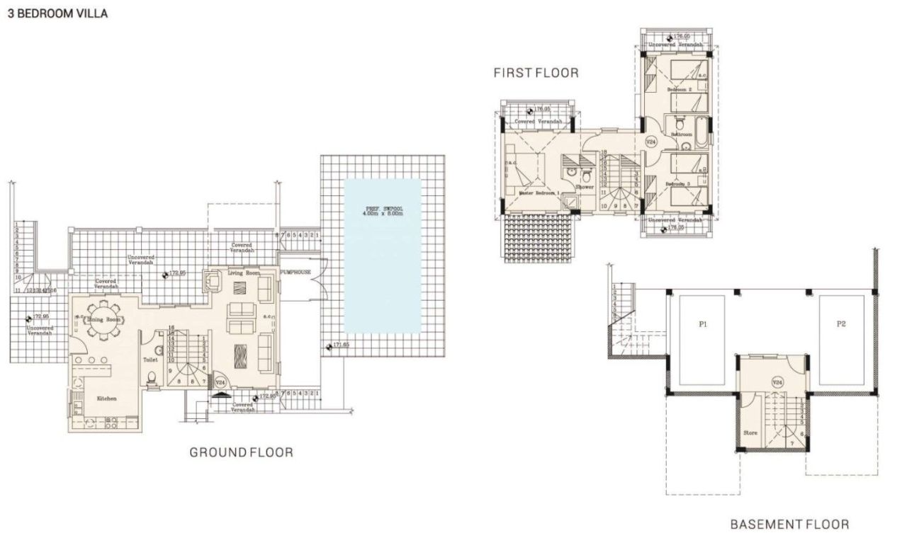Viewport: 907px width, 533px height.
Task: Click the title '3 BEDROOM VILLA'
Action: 57,13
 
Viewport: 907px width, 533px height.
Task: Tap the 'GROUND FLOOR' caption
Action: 241,452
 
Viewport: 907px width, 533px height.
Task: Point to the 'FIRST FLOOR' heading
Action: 536,72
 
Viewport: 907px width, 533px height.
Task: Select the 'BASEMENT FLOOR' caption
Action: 789,524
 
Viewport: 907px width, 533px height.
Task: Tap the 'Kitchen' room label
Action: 107,399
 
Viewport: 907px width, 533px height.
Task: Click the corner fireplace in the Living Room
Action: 212,281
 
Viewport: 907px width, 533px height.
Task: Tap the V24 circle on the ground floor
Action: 220,382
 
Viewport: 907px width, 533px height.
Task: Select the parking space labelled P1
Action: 703,325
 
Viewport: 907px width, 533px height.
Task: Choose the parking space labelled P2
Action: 841,325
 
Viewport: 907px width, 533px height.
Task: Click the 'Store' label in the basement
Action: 750,431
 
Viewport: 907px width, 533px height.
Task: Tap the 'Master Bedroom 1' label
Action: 539,193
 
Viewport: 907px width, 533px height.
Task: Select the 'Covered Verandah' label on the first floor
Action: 539,122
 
